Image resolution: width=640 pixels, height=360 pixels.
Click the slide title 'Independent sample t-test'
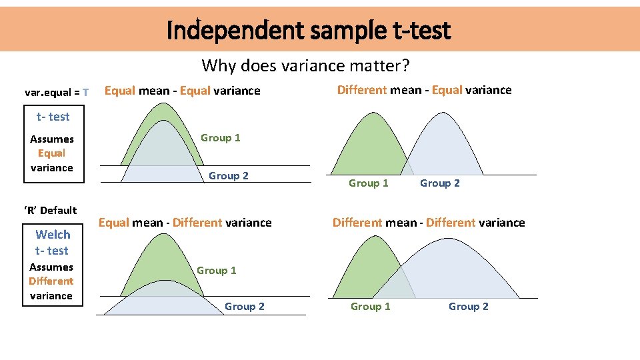pos(309,30)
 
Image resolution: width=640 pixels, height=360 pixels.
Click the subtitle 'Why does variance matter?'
pos(306,65)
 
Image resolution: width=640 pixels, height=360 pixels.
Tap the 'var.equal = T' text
pos(56,92)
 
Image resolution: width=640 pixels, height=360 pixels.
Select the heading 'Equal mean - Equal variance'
pos(183,91)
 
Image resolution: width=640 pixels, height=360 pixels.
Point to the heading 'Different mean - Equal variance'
pos(424,90)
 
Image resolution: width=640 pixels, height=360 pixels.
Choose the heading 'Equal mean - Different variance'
pos(185,223)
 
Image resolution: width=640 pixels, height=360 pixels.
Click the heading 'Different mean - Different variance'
pos(429,223)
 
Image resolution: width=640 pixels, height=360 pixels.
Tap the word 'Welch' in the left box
pos(53,235)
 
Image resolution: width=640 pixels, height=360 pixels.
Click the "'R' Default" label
pos(51,211)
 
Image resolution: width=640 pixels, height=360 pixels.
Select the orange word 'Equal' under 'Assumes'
pos(52,153)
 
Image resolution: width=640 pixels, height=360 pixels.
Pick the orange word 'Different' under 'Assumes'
pos(51,281)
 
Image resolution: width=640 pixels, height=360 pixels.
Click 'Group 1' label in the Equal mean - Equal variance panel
pos(221,138)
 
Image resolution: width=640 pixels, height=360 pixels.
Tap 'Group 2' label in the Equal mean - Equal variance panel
pos(229,176)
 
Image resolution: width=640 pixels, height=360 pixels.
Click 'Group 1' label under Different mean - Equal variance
pos(369,183)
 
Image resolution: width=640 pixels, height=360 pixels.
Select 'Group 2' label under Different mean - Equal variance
pos(440,183)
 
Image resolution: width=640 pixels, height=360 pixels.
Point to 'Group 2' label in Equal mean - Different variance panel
pos(245,307)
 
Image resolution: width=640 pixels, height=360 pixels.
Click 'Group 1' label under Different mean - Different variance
pos(371,307)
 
